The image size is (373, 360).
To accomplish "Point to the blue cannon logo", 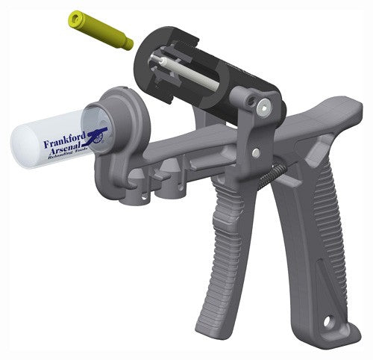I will point(95,134).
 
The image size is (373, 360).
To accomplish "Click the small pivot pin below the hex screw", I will point(256,152).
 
